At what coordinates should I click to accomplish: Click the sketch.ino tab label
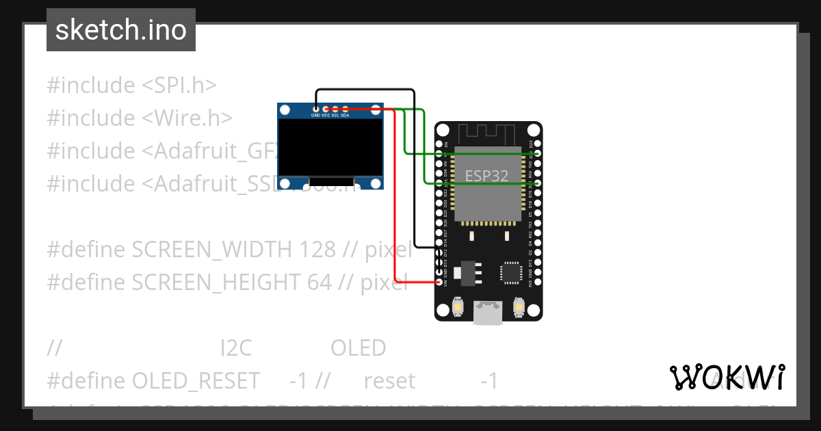pos(120,30)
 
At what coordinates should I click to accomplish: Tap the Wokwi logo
pos(726,377)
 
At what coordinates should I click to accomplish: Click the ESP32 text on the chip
pos(486,176)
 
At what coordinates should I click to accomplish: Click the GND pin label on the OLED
pos(315,116)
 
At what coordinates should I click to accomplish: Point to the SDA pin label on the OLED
pos(345,116)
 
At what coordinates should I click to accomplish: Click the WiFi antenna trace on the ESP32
pos(488,133)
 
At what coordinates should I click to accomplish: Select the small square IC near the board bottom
pos(511,272)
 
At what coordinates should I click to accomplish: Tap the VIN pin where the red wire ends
pos(439,282)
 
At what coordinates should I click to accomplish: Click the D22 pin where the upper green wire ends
pos(538,154)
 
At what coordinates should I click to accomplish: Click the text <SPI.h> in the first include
pos(179,86)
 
